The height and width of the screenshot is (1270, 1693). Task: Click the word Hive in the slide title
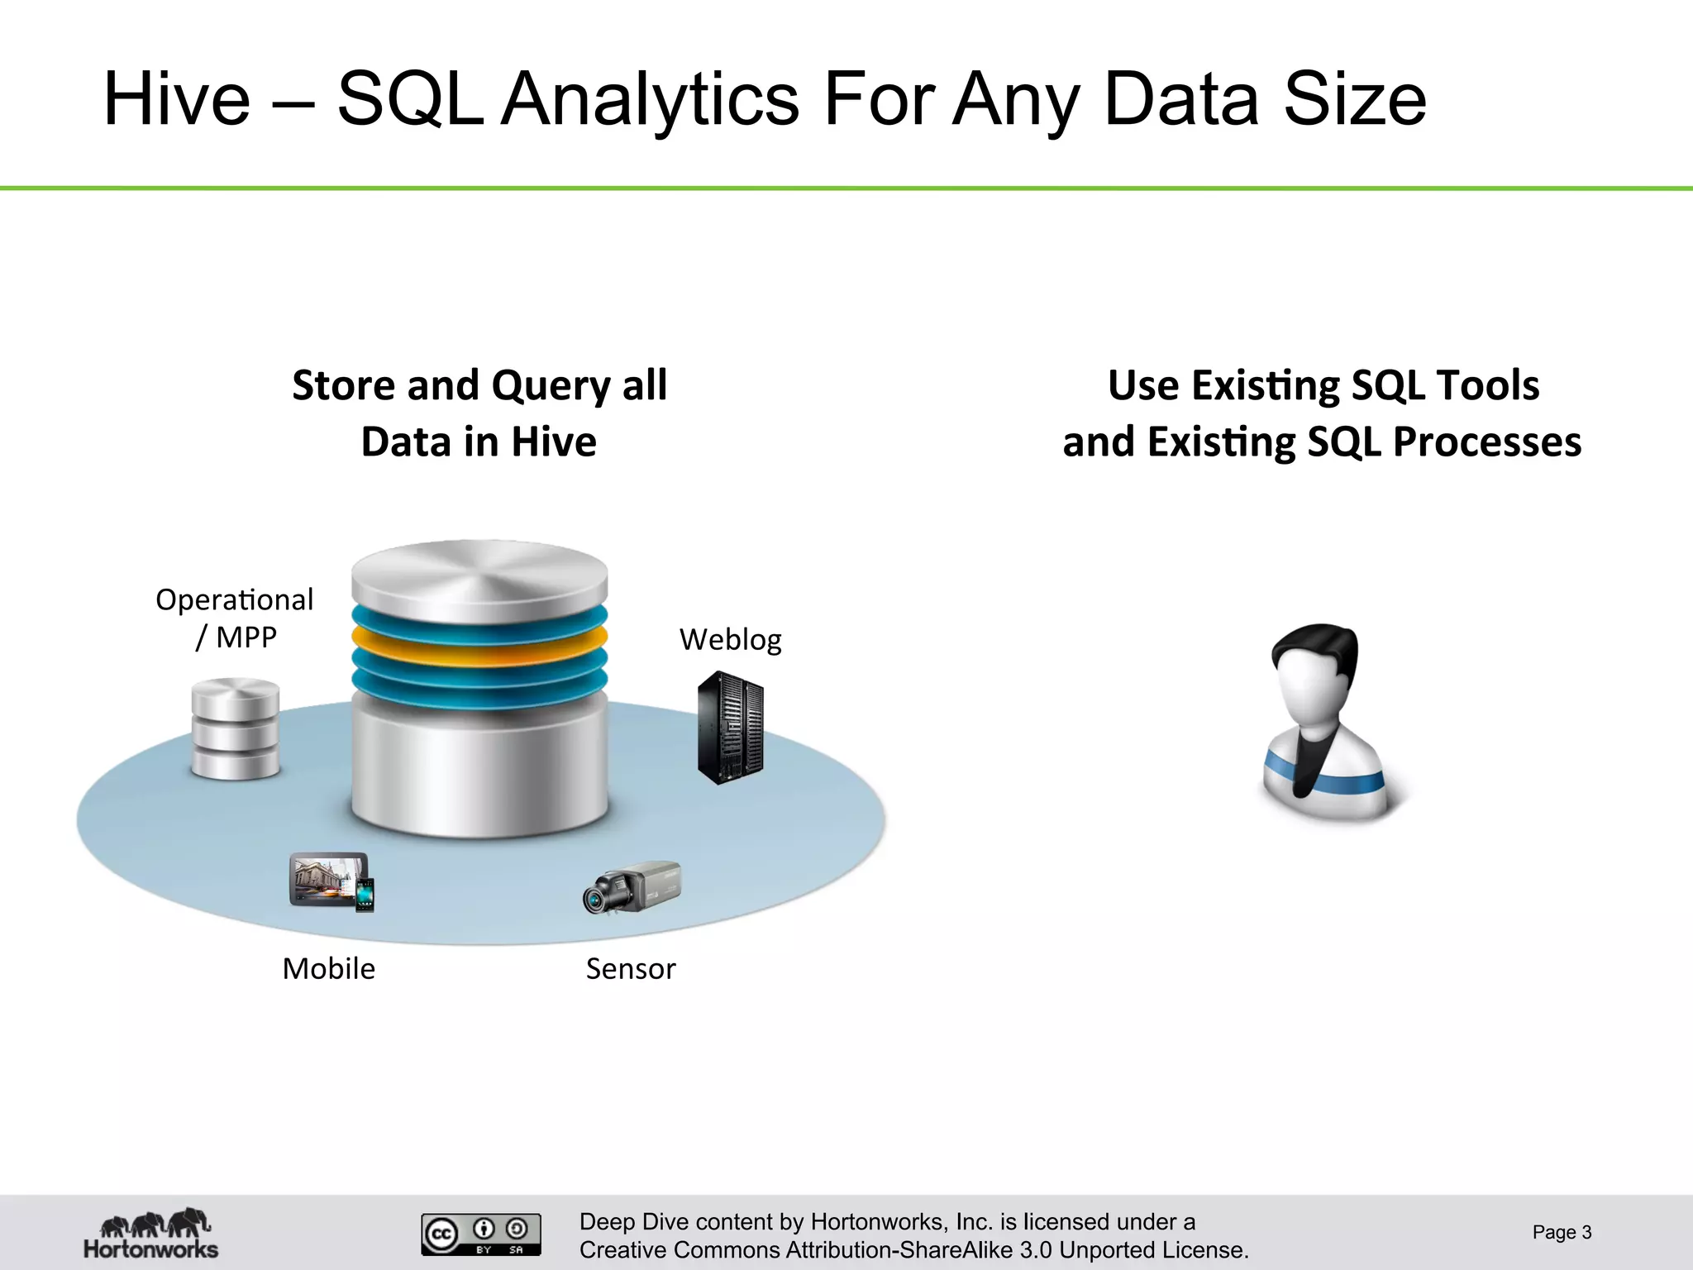tap(176, 99)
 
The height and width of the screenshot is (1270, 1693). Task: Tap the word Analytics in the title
tap(651, 101)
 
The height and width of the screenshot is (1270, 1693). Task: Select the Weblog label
tap(730, 640)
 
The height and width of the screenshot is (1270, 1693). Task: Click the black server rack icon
tap(730, 728)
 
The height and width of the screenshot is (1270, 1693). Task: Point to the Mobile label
tap(328, 968)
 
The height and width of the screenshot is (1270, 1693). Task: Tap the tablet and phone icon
tap(331, 882)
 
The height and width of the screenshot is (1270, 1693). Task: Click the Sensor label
tap(630, 968)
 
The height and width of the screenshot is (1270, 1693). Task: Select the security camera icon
tap(631, 887)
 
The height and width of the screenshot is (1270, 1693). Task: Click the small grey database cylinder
tap(236, 728)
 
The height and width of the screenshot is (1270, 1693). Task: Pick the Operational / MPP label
tap(235, 618)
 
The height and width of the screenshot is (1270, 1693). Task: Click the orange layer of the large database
tap(479, 638)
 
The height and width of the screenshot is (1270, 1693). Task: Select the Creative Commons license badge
tap(480, 1234)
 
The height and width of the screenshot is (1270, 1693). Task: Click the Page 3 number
tap(1561, 1232)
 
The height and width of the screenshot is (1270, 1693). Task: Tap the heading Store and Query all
tap(479, 385)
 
